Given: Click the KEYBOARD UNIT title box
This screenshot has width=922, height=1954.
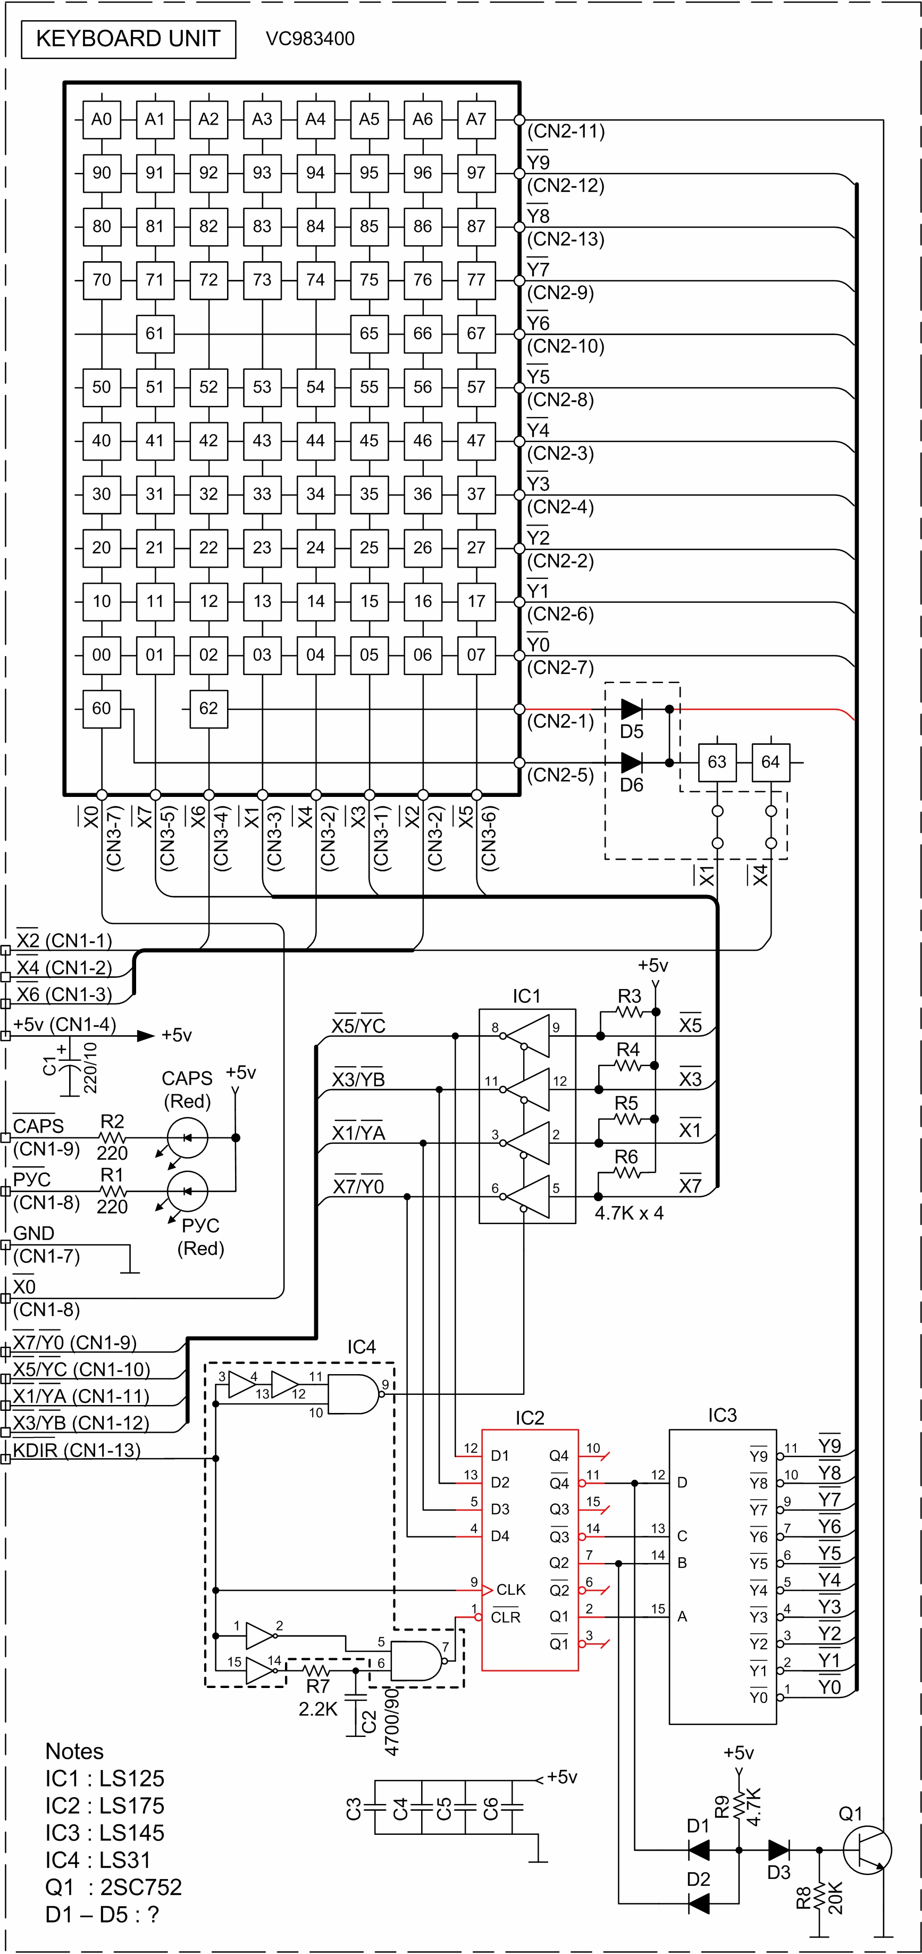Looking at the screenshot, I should coord(128,39).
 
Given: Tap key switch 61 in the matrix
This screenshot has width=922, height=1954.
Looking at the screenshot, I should coord(155,334).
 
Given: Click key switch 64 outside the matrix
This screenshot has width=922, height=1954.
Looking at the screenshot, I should coord(770,762).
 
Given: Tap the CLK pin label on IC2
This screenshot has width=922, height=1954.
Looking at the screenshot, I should coord(510,1589).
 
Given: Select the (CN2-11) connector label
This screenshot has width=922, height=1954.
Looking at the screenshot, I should coord(566,132).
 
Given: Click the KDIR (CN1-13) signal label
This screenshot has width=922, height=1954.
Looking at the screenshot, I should coord(77,1450).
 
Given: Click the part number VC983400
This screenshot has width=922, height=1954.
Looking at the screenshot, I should coord(310,39).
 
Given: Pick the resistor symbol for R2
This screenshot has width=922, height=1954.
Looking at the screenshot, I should coord(112,1138).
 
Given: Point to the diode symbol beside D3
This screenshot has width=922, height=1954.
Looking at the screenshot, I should coord(778,1849).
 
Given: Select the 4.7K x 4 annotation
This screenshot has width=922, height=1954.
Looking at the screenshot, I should coord(628,1213).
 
